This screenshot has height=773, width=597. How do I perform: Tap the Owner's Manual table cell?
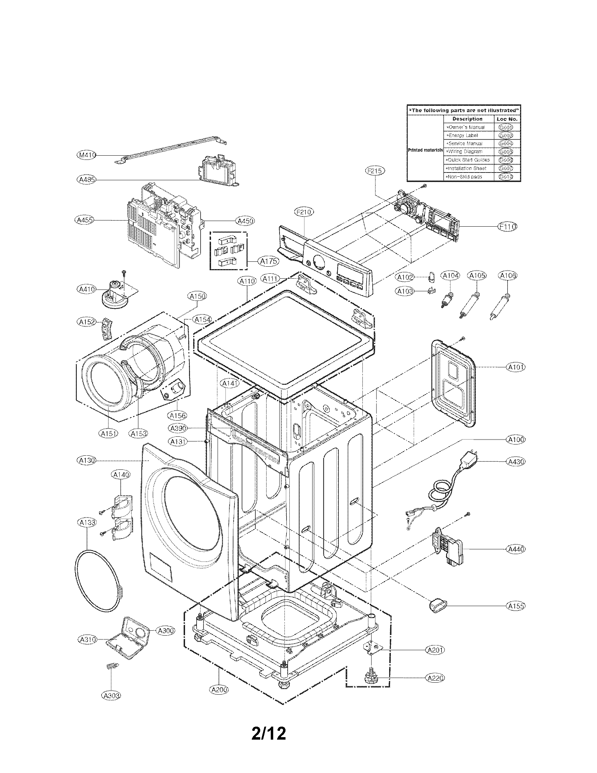(468, 127)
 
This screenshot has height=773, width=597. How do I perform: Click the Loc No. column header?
(506, 119)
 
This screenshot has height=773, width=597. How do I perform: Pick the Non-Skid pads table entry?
(468, 177)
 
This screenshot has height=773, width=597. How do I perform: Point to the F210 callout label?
(304, 212)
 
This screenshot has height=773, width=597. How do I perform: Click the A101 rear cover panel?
(454, 382)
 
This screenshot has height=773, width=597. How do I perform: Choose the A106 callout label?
(508, 275)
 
